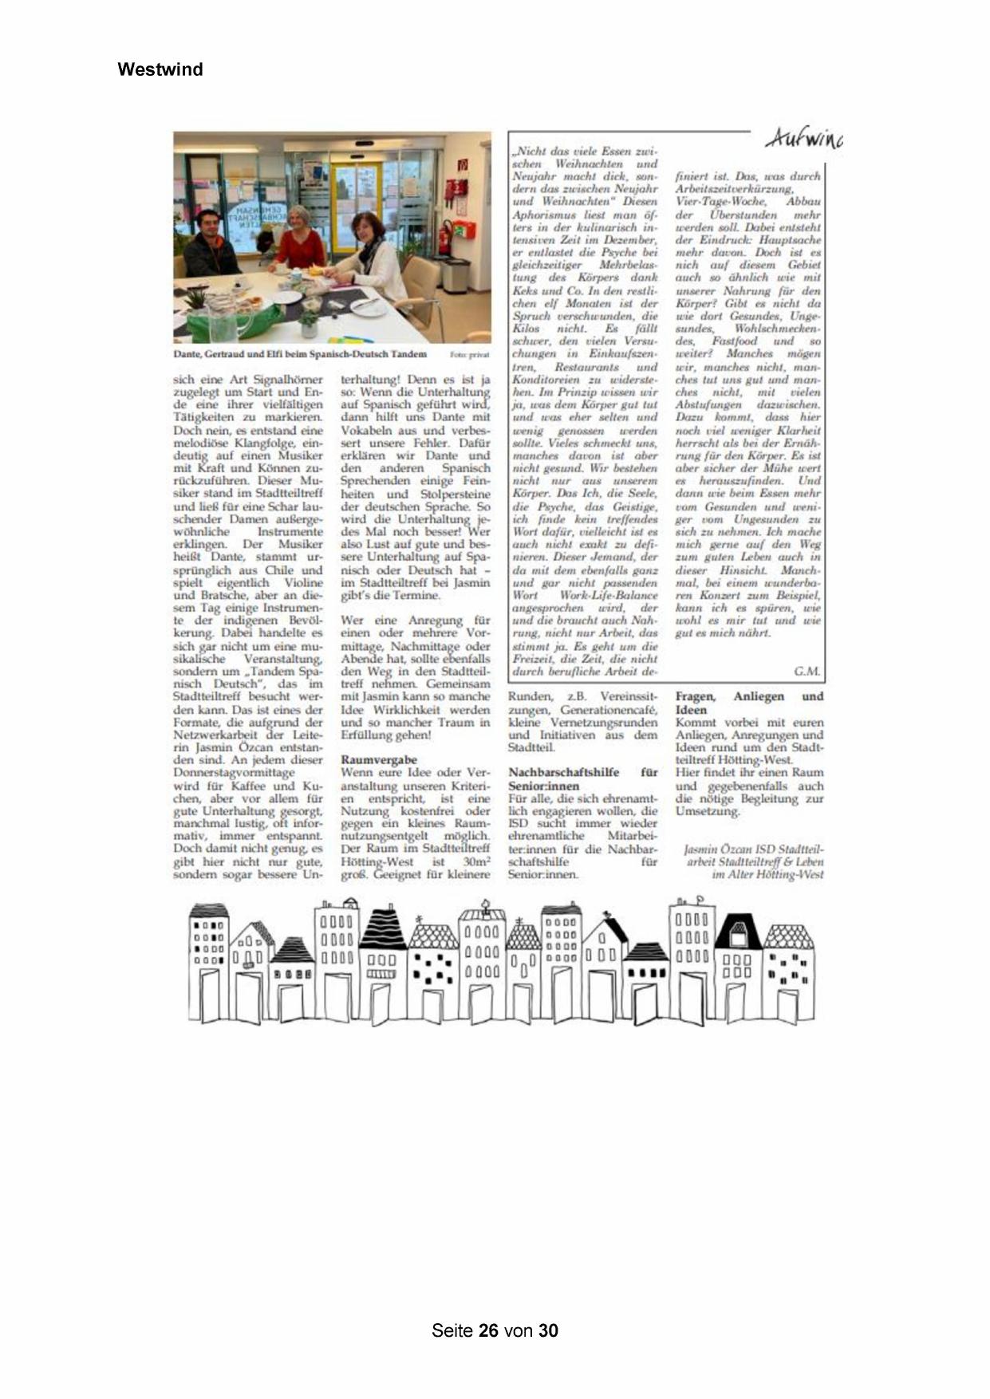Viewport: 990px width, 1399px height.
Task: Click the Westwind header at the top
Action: pos(160,69)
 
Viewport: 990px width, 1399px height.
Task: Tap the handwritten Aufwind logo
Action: pos(803,139)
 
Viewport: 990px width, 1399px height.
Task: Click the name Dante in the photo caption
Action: pos(188,354)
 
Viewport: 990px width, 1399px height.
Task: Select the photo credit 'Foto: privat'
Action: pos(469,354)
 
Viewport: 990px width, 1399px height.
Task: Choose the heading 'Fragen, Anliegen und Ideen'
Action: pos(748,703)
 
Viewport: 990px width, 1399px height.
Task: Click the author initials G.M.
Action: pos(807,672)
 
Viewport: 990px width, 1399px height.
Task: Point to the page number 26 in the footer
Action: pos(488,1330)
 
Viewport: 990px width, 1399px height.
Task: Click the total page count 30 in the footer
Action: pos(548,1330)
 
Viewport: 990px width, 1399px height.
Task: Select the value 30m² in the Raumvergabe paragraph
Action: pos(475,862)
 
